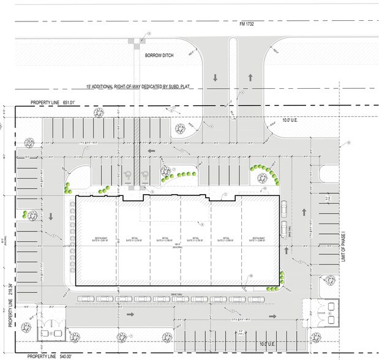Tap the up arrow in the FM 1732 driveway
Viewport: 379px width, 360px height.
point(251,78)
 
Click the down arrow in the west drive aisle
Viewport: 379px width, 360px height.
point(50,217)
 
